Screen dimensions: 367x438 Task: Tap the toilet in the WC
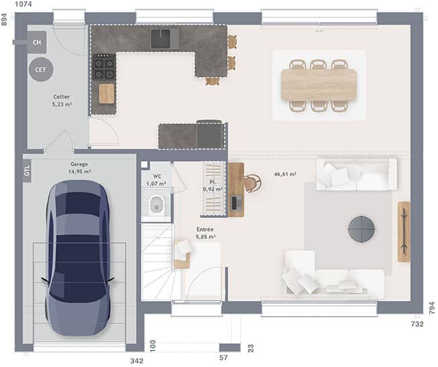157,205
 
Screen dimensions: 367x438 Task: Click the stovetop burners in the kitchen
104,67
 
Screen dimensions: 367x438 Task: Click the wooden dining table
319,85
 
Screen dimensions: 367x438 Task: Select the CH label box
36,42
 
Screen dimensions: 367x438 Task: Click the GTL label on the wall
27,171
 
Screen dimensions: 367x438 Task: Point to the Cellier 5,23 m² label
61,101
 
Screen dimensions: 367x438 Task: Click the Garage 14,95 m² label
79,168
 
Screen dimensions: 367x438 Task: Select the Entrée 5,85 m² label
205,233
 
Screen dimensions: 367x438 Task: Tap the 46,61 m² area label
285,174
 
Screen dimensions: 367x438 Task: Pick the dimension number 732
417,325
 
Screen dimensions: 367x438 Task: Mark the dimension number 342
136,361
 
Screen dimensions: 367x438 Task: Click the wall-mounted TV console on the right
403,231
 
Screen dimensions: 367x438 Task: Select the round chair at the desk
252,182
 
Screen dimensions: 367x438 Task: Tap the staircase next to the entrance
159,262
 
